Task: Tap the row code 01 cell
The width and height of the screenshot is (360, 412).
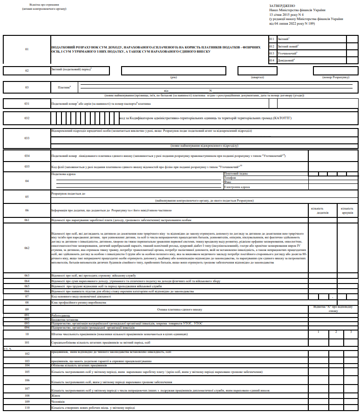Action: point(27,49)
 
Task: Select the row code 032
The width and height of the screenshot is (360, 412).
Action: point(27,118)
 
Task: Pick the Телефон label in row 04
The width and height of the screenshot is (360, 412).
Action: point(230,177)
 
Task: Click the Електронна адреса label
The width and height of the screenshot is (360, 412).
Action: point(237,187)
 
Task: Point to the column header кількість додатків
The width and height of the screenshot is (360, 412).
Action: point(323,210)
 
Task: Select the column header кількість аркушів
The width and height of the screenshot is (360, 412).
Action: point(347,210)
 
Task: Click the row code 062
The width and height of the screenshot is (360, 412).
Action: point(27,248)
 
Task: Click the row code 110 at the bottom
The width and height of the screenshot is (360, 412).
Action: point(27,408)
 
